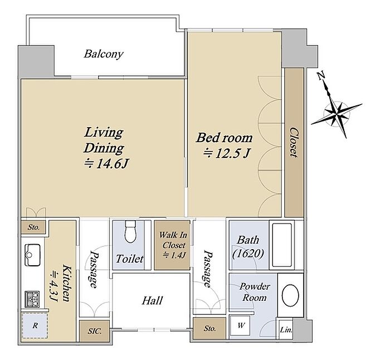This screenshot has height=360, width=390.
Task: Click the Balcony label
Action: [x=104, y=54]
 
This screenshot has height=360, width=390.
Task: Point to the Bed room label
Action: [x=224, y=138]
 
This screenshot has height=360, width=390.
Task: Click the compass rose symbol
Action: [x=337, y=114]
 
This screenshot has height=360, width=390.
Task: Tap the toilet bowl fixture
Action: [x=130, y=231]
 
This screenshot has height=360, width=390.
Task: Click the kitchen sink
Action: [x=32, y=255]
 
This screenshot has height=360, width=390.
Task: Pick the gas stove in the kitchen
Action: [x=32, y=299]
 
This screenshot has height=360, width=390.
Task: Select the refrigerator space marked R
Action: [x=35, y=325]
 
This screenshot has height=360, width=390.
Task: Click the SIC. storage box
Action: [x=95, y=331]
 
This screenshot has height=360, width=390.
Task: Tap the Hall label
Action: [x=152, y=300]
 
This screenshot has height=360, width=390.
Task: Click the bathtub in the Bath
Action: [x=282, y=245]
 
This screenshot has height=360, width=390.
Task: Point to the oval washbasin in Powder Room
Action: [x=290, y=295]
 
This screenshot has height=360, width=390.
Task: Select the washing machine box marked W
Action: [x=241, y=325]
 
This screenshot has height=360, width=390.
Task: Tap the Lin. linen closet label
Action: [x=286, y=330]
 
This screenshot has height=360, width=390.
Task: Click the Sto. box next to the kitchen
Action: [x=33, y=227]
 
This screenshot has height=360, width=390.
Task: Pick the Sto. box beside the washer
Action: [x=209, y=329]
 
